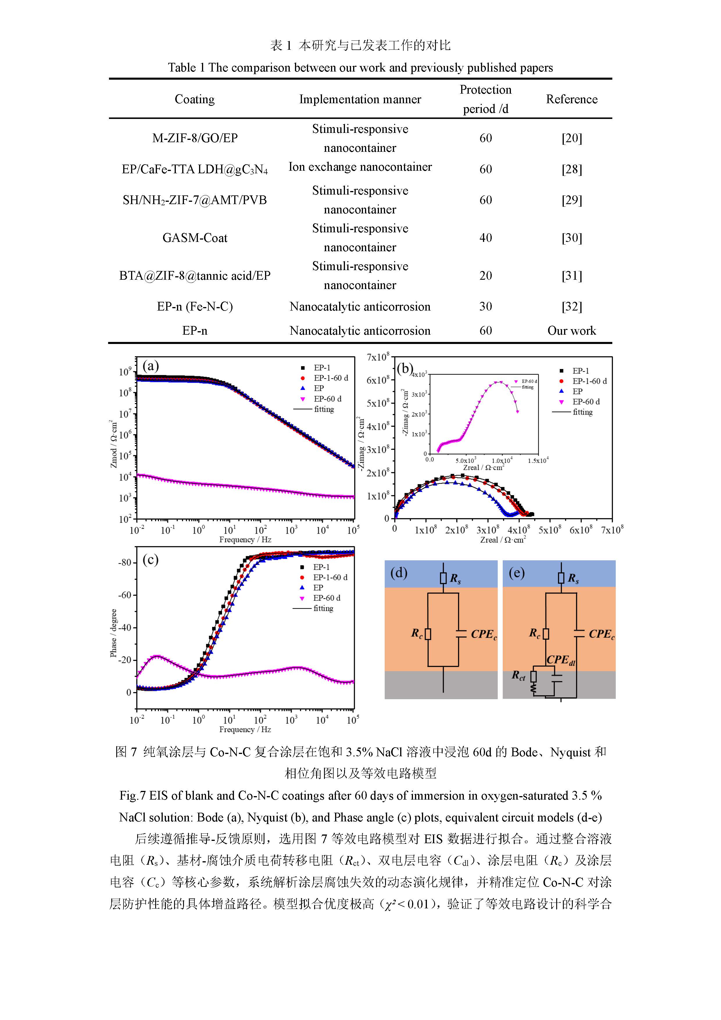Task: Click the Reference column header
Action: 571,99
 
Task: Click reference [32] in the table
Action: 571,306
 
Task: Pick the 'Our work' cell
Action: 571,331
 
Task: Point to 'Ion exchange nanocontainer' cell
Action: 360,167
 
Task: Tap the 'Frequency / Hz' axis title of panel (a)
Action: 245,539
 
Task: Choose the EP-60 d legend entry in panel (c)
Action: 326,598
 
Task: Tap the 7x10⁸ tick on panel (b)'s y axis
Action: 378,357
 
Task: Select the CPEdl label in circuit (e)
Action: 560,660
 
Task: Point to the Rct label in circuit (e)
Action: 518,676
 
